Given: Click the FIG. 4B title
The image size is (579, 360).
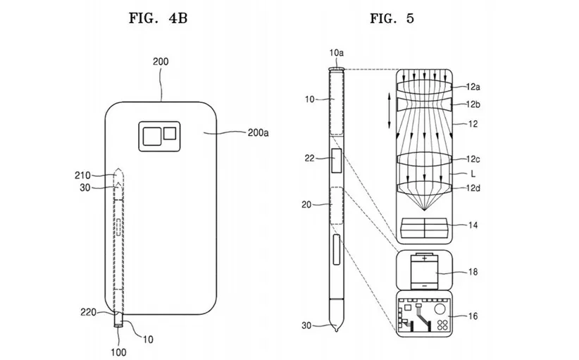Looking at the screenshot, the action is point(158,18).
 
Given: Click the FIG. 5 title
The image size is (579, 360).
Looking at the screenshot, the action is point(392,18).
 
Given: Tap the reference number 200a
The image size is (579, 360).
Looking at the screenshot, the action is point(258,132).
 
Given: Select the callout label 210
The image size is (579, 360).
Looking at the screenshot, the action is point(82,175).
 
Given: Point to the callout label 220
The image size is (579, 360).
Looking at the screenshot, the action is point(89,312).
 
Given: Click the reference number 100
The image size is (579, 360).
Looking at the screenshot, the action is point(118,352).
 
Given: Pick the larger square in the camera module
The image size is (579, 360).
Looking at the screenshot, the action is point(151,136).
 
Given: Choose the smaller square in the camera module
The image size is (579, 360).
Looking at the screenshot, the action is point(170,133).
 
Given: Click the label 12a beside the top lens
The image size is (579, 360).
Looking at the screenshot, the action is point(473,87).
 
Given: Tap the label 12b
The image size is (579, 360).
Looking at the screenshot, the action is point(473,104).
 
